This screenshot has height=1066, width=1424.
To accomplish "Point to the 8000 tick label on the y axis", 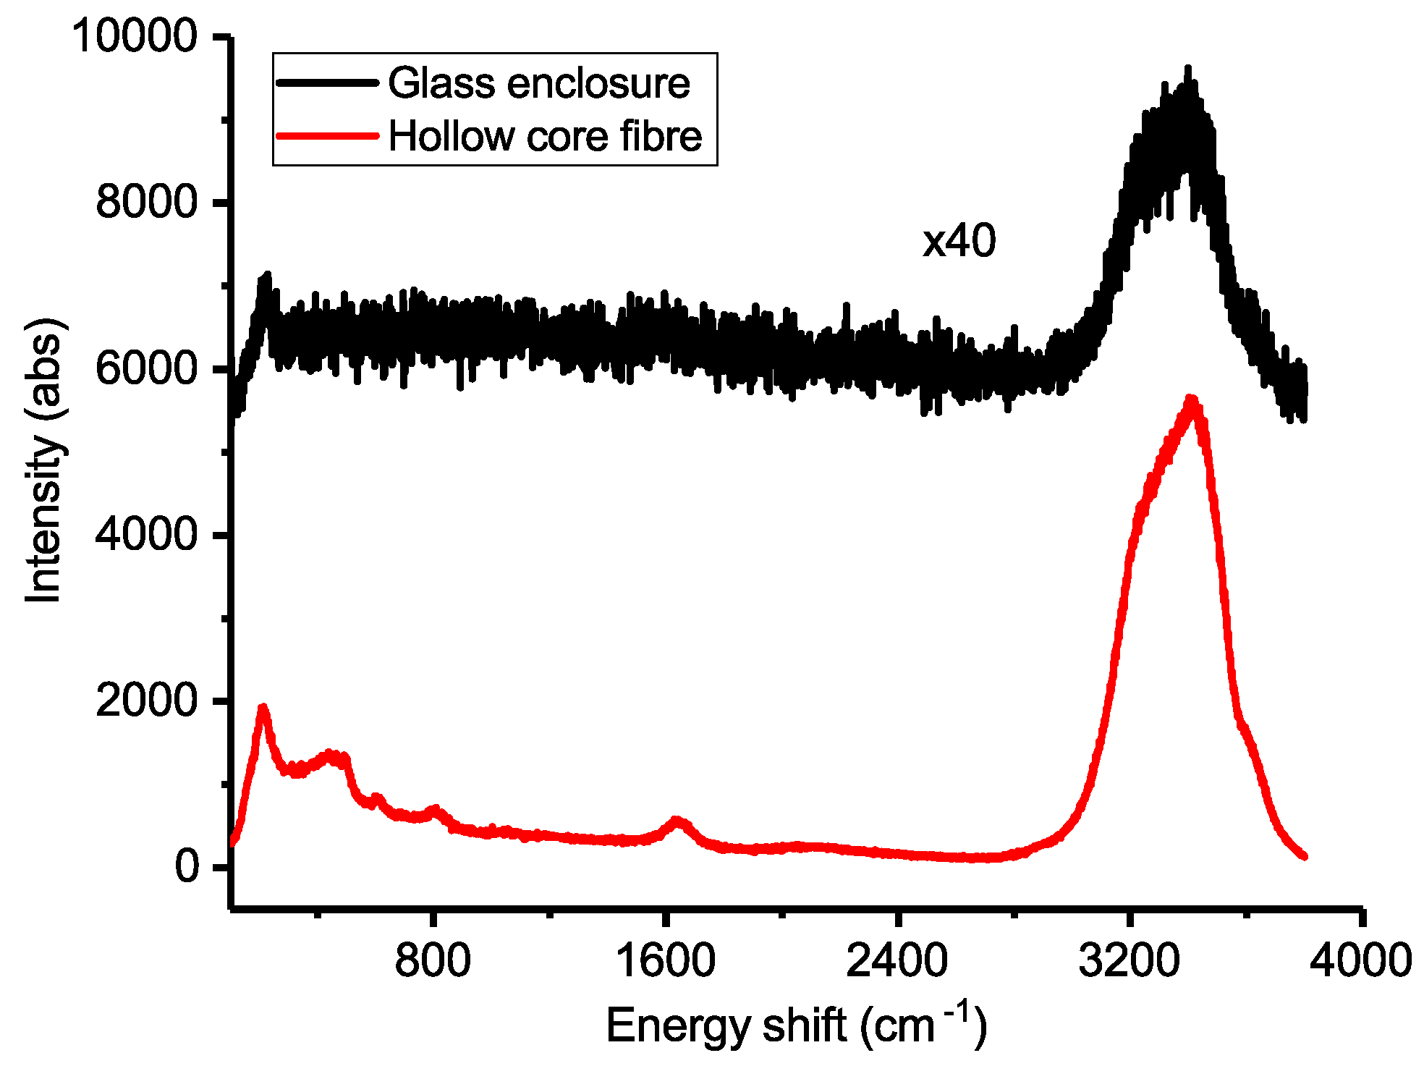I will tap(146, 201).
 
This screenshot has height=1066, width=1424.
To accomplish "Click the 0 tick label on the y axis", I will tap(187, 866).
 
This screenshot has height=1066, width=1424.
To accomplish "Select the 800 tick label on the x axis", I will tap(433, 961).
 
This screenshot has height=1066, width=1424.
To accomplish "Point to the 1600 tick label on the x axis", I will tap(665, 961).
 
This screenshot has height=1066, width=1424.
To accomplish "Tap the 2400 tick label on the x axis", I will tap(897, 961).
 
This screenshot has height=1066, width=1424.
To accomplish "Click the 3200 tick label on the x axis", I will tap(1129, 961).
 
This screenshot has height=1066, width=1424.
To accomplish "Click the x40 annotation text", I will tap(959, 241).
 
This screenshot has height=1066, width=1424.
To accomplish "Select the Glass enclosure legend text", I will tap(539, 83).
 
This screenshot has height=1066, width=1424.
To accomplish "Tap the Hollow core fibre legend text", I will tap(545, 136).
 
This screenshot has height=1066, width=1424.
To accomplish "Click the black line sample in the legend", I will tap(327, 83).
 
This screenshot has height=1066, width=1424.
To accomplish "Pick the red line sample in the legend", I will tap(327, 135).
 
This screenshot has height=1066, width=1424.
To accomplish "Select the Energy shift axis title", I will tap(796, 1025).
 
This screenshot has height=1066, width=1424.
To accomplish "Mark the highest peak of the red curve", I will tap(1190, 399).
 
